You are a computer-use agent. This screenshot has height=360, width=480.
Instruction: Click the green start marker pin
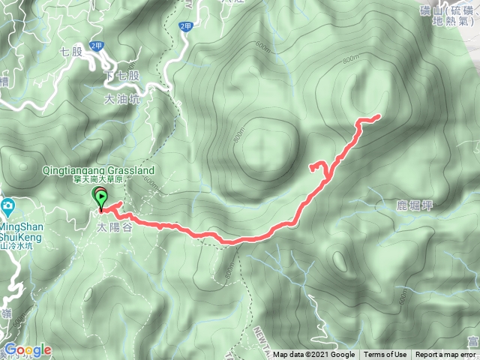[x=100, y=197]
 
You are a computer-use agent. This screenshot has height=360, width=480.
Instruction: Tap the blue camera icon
[x=7, y=205]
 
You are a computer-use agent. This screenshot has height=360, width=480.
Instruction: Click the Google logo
[x=28, y=349]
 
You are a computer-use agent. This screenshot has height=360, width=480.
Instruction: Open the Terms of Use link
[x=387, y=355]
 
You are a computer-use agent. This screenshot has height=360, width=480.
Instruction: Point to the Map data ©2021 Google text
[x=314, y=355]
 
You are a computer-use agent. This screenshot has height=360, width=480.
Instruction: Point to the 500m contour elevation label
[x=404, y=298]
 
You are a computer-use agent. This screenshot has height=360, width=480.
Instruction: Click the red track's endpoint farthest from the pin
[x=379, y=116]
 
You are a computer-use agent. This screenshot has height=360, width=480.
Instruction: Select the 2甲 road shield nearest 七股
[x=96, y=46]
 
